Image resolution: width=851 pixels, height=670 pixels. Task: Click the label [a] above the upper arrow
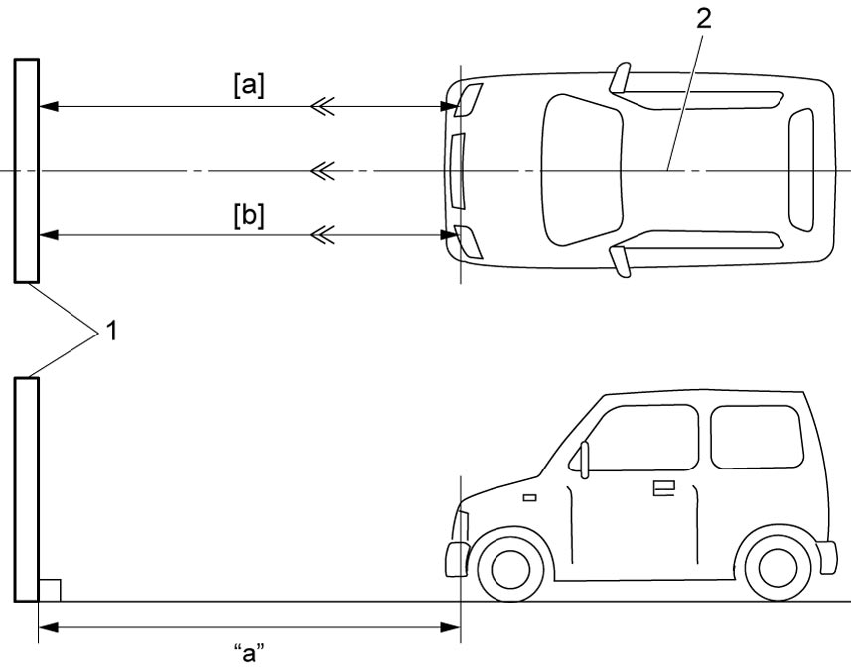pyautogui.click(x=249, y=86)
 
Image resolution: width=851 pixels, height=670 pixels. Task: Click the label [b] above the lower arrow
pyautogui.click(x=249, y=216)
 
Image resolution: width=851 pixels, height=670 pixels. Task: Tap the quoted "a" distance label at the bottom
pyautogui.click(x=249, y=653)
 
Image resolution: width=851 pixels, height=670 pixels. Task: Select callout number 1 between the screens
pyautogui.click(x=111, y=331)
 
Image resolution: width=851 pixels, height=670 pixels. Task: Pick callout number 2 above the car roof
pyautogui.click(x=703, y=20)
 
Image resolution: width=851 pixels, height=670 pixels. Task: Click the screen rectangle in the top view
pyautogui.click(x=27, y=171)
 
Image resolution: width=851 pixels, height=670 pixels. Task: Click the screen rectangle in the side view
pyautogui.click(x=27, y=489)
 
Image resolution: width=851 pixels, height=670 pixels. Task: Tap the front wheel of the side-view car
pyautogui.click(x=510, y=569)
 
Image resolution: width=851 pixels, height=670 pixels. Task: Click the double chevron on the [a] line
pyautogui.click(x=322, y=107)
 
